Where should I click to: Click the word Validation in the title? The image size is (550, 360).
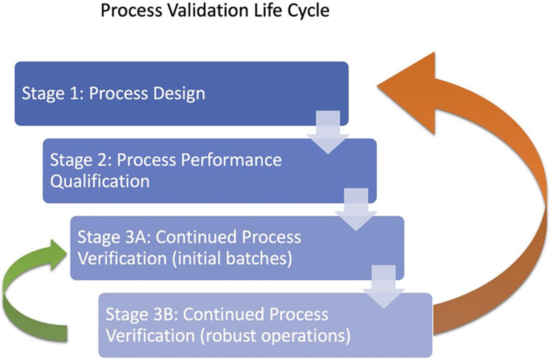coord(208,11)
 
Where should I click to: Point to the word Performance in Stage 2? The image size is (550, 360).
coord(231,160)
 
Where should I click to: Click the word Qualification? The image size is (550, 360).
coord(100,181)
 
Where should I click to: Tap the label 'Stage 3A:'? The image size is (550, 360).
coord(114,237)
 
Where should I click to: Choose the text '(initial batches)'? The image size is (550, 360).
coord(232,259)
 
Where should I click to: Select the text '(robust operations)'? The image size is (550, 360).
coord(275,336)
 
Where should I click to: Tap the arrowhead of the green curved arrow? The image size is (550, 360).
coord(58,255)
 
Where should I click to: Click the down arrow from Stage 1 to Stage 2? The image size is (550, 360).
coord(328,132)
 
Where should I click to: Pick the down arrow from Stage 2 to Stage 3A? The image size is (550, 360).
coord(356,210)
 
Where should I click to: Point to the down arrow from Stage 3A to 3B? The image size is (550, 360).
coord(384,287)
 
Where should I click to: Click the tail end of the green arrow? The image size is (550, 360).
coord(67,333)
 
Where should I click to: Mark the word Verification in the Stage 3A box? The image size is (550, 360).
coord(122,259)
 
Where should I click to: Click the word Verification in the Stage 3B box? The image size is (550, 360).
coord(150,336)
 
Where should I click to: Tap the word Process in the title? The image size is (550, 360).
coord(131,11)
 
